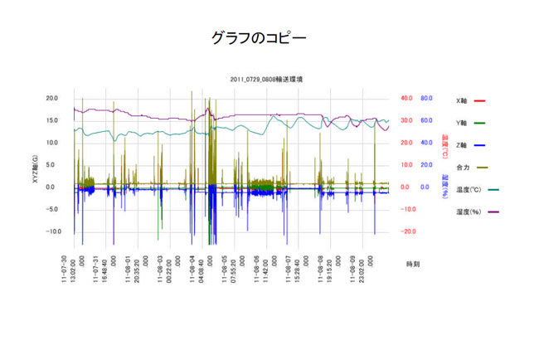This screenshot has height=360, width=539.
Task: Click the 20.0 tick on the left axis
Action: (x=51, y=98)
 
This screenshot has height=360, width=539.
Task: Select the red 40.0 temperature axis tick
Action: (x=406, y=98)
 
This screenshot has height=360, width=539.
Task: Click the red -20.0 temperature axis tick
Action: (x=405, y=231)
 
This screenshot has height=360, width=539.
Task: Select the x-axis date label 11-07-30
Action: (x=66, y=269)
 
